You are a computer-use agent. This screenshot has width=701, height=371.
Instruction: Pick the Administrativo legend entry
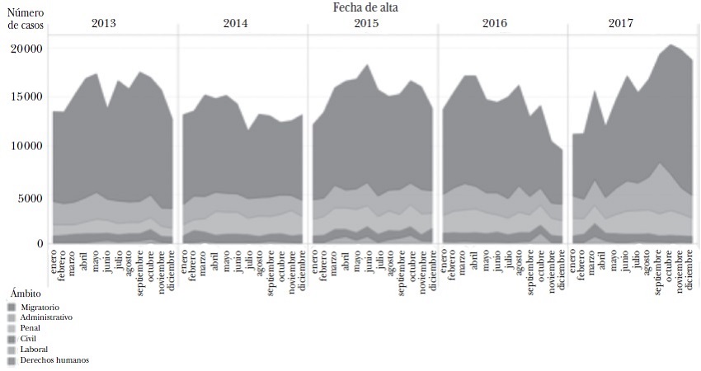(46, 317)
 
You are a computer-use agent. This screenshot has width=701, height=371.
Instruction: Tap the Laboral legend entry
(36, 349)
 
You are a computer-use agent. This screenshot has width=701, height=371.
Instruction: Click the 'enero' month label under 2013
(54, 265)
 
